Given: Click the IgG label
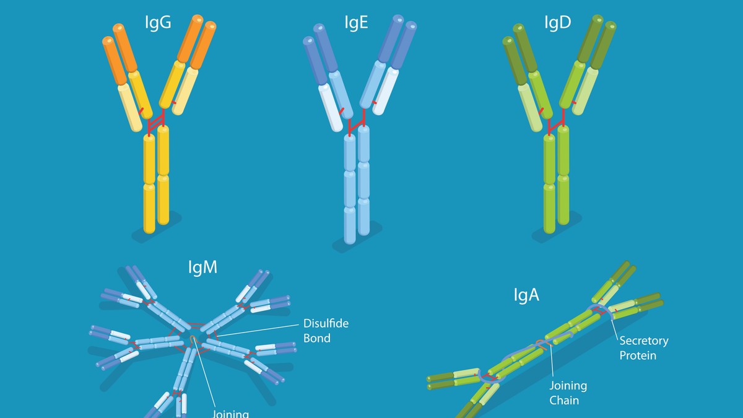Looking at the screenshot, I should point(157,24).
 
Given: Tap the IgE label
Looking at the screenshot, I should point(357,24).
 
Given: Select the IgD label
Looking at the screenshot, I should point(557,24).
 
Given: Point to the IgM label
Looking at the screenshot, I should point(202,268).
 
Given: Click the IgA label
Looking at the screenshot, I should point(526,295).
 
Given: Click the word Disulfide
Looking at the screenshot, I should point(326,324).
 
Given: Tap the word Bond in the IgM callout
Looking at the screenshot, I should point(316,338).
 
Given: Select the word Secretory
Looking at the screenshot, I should point(644,341).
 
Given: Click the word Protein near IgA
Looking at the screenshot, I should point(638,355).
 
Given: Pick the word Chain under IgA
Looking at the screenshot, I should point(564,400).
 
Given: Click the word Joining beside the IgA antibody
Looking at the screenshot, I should point(568,386).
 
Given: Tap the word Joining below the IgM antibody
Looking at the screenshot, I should point(231,413).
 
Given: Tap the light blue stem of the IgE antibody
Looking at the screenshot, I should point(357,186).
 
